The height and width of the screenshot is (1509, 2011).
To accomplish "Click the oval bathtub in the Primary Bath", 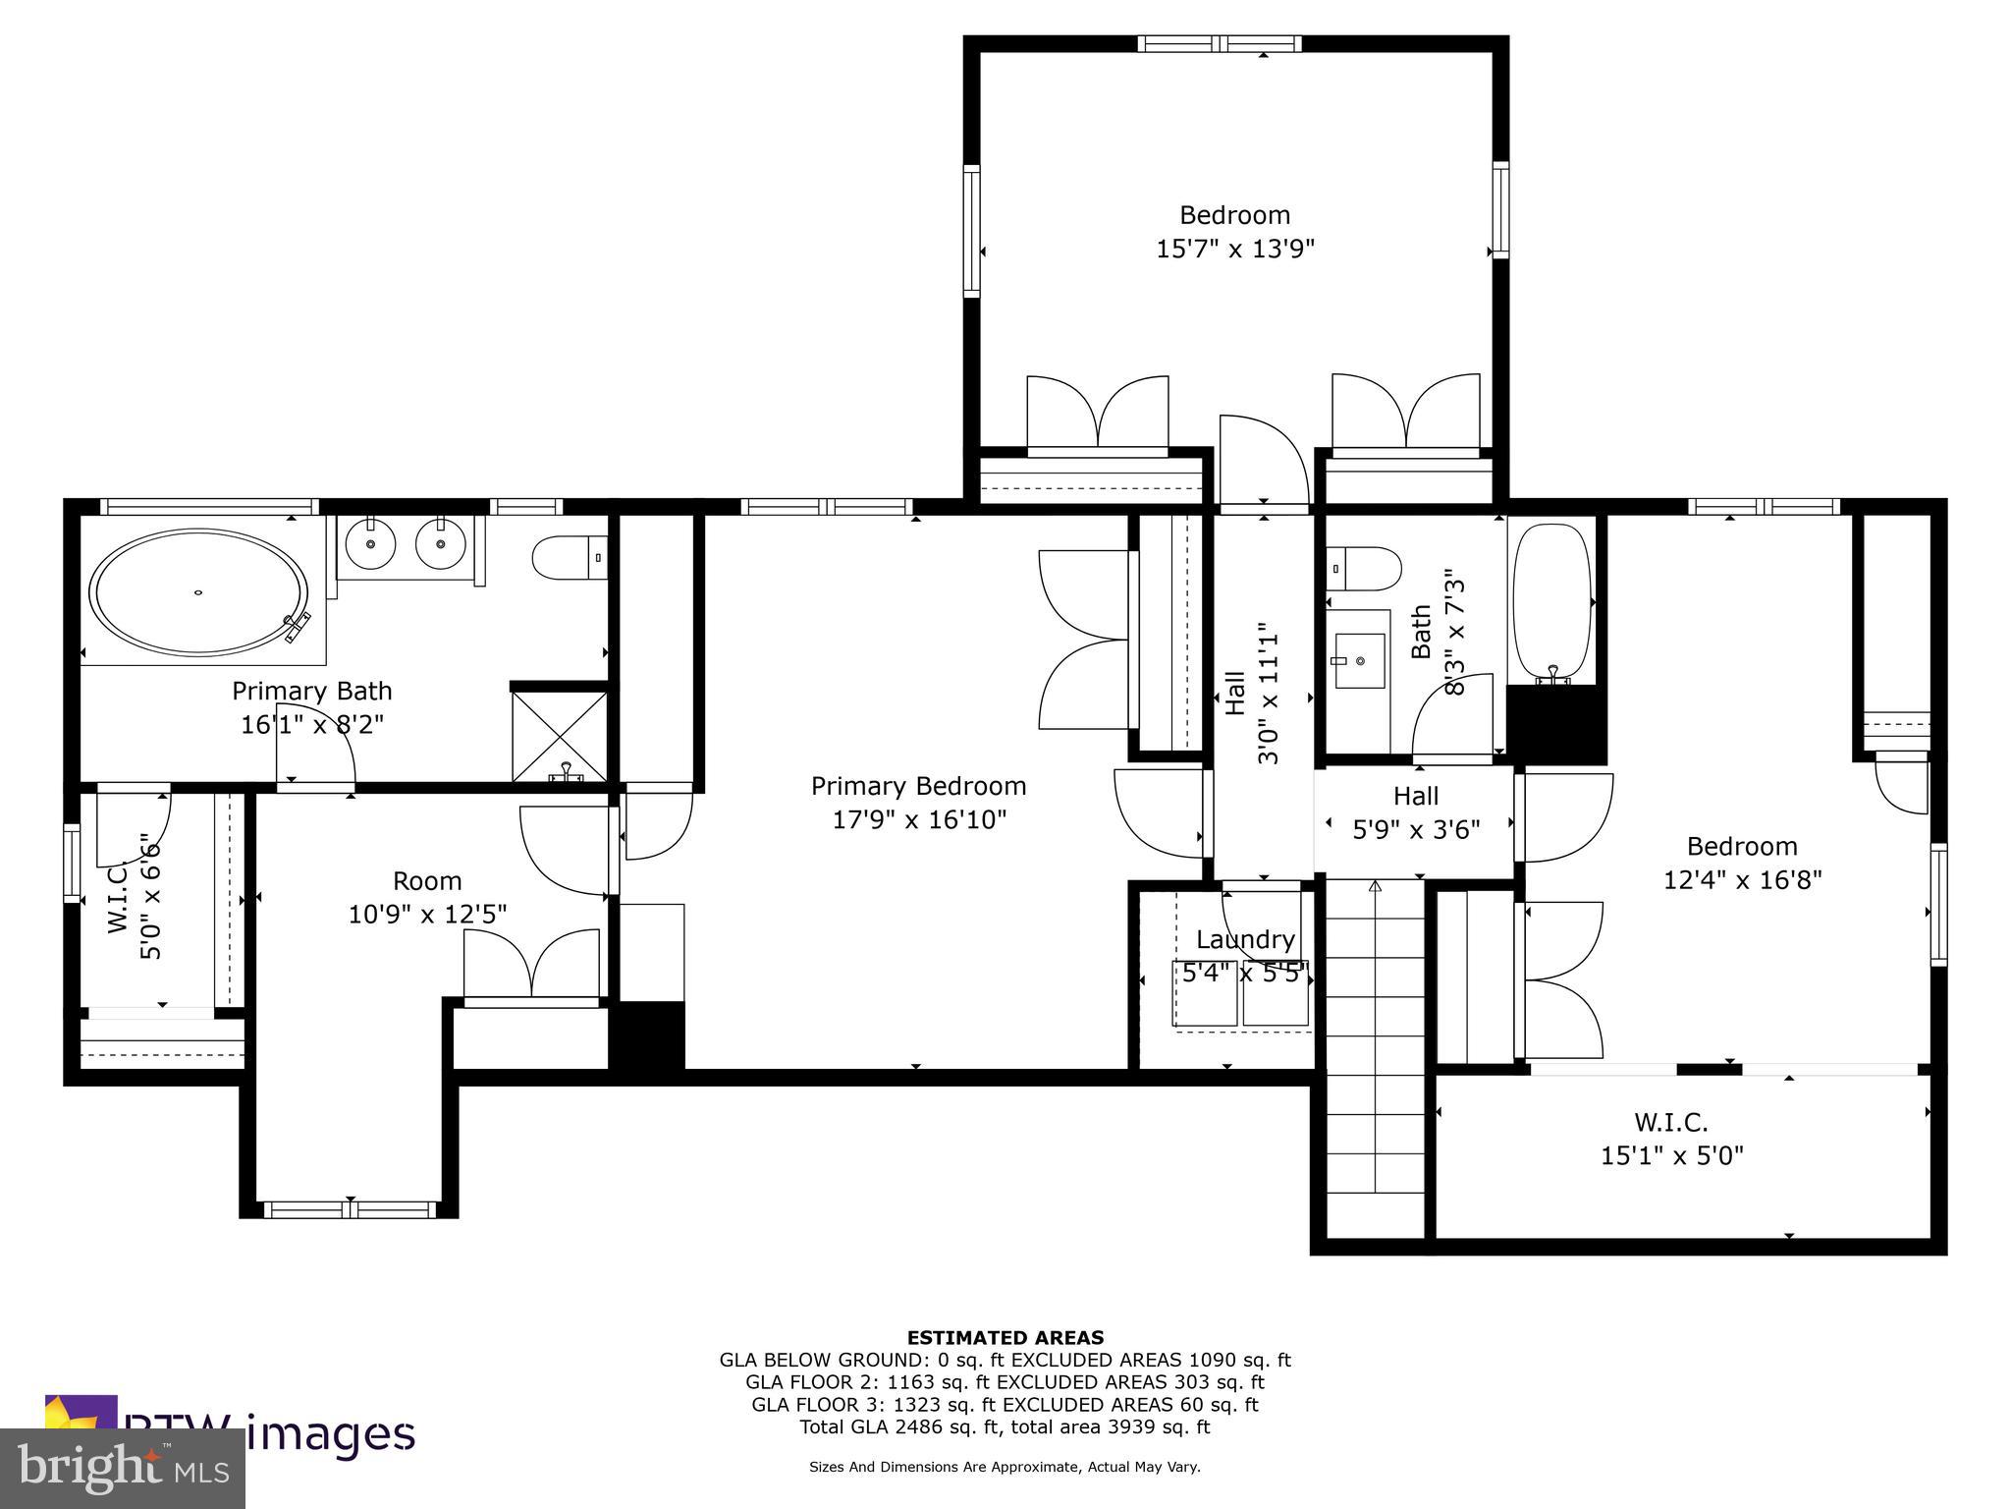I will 198,592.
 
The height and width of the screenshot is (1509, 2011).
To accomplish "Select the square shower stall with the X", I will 560,737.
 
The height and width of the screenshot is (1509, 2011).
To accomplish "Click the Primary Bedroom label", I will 918,786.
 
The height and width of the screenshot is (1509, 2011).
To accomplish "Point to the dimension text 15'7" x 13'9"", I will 1234,249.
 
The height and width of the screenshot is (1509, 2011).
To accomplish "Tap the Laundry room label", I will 1245,939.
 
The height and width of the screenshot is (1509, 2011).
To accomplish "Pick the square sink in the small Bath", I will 1361,660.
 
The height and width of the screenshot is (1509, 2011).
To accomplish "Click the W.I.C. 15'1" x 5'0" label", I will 1671,1138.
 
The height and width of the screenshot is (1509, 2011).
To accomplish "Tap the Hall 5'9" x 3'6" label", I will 1415,812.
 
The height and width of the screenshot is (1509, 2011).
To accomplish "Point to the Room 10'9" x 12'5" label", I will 427,897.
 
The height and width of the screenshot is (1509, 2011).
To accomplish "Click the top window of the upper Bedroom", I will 1220,43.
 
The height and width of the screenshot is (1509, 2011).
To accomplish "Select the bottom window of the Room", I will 351,1209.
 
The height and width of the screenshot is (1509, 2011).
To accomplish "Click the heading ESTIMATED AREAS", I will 1005,1337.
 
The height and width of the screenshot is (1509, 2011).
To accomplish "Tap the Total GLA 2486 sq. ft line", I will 1005,1426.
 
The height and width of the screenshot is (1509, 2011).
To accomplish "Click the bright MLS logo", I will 122,1468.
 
